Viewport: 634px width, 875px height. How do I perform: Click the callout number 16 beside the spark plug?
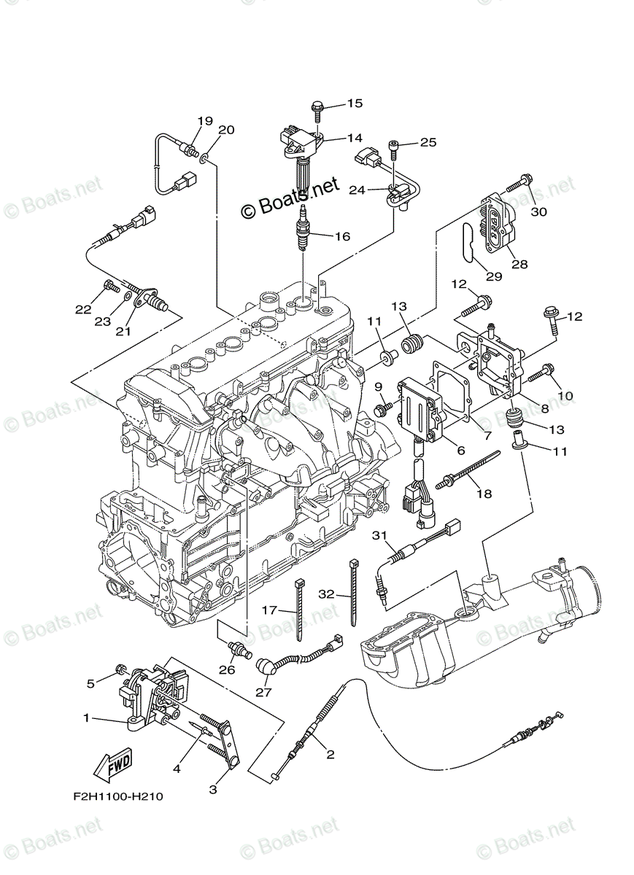[x=341, y=236]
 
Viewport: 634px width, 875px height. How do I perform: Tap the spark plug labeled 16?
[x=301, y=227]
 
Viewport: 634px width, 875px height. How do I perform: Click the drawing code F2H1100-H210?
[x=117, y=796]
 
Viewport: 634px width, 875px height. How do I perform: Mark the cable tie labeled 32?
[x=354, y=591]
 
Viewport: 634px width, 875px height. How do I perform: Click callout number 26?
[x=227, y=669]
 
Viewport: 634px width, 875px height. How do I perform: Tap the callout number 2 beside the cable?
[x=330, y=755]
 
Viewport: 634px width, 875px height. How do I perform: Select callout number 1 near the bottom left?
[x=86, y=718]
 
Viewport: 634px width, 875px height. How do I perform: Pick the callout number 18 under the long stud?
[x=484, y=494]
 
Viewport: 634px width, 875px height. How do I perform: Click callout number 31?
[x=379, y=537]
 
